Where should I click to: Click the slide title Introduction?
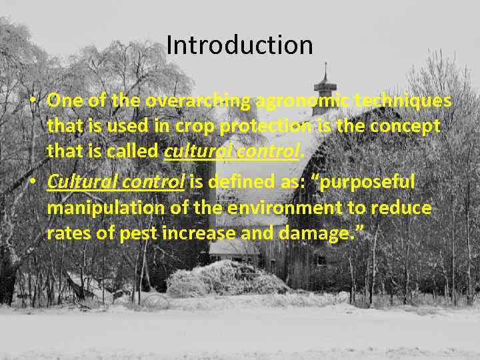pyautogui.click(x=239, y=45)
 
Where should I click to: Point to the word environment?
pyautogui.click(x=279, y=208)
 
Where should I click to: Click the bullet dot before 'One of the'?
pyautogui.click(x=33, y=102)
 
